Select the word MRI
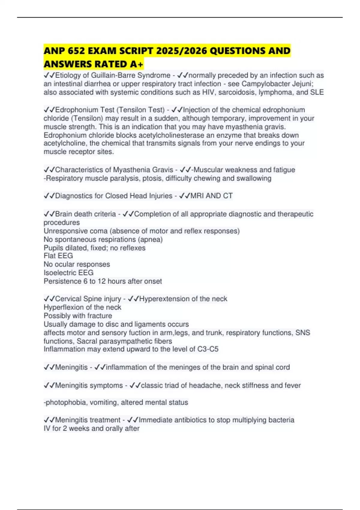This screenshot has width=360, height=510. click(197, 196)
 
